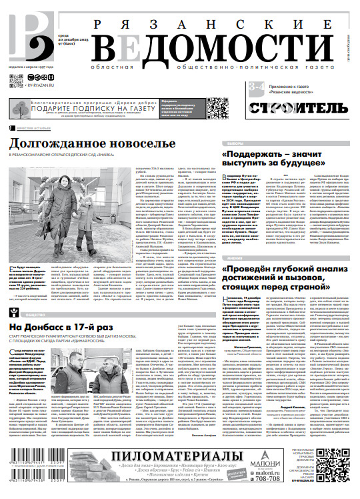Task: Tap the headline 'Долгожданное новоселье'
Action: point(92,143)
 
